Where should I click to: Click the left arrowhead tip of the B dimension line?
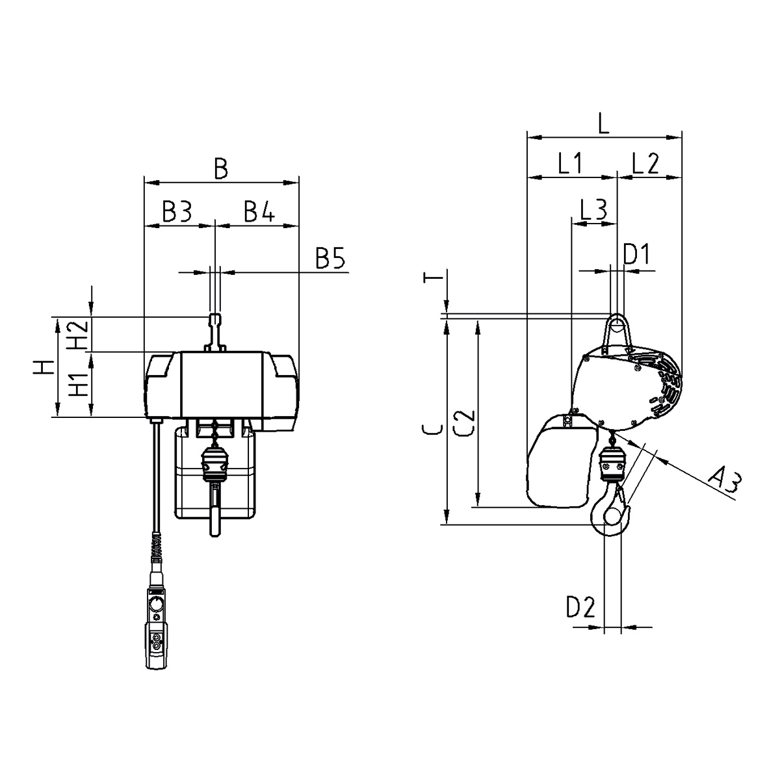[144, 183]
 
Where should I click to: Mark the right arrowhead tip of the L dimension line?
[681, 137]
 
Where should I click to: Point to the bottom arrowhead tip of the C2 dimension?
[478, 506]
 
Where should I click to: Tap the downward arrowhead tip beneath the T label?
[447, 313]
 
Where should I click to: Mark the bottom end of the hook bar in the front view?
[215, 536]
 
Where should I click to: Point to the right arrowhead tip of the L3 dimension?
[616, 224]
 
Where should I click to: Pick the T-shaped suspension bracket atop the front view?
[215, 332]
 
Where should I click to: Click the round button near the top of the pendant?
[156, 604]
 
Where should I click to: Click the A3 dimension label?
[725, 481]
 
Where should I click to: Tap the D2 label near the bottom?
[581, 606]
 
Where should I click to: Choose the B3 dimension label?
[177, 211]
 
